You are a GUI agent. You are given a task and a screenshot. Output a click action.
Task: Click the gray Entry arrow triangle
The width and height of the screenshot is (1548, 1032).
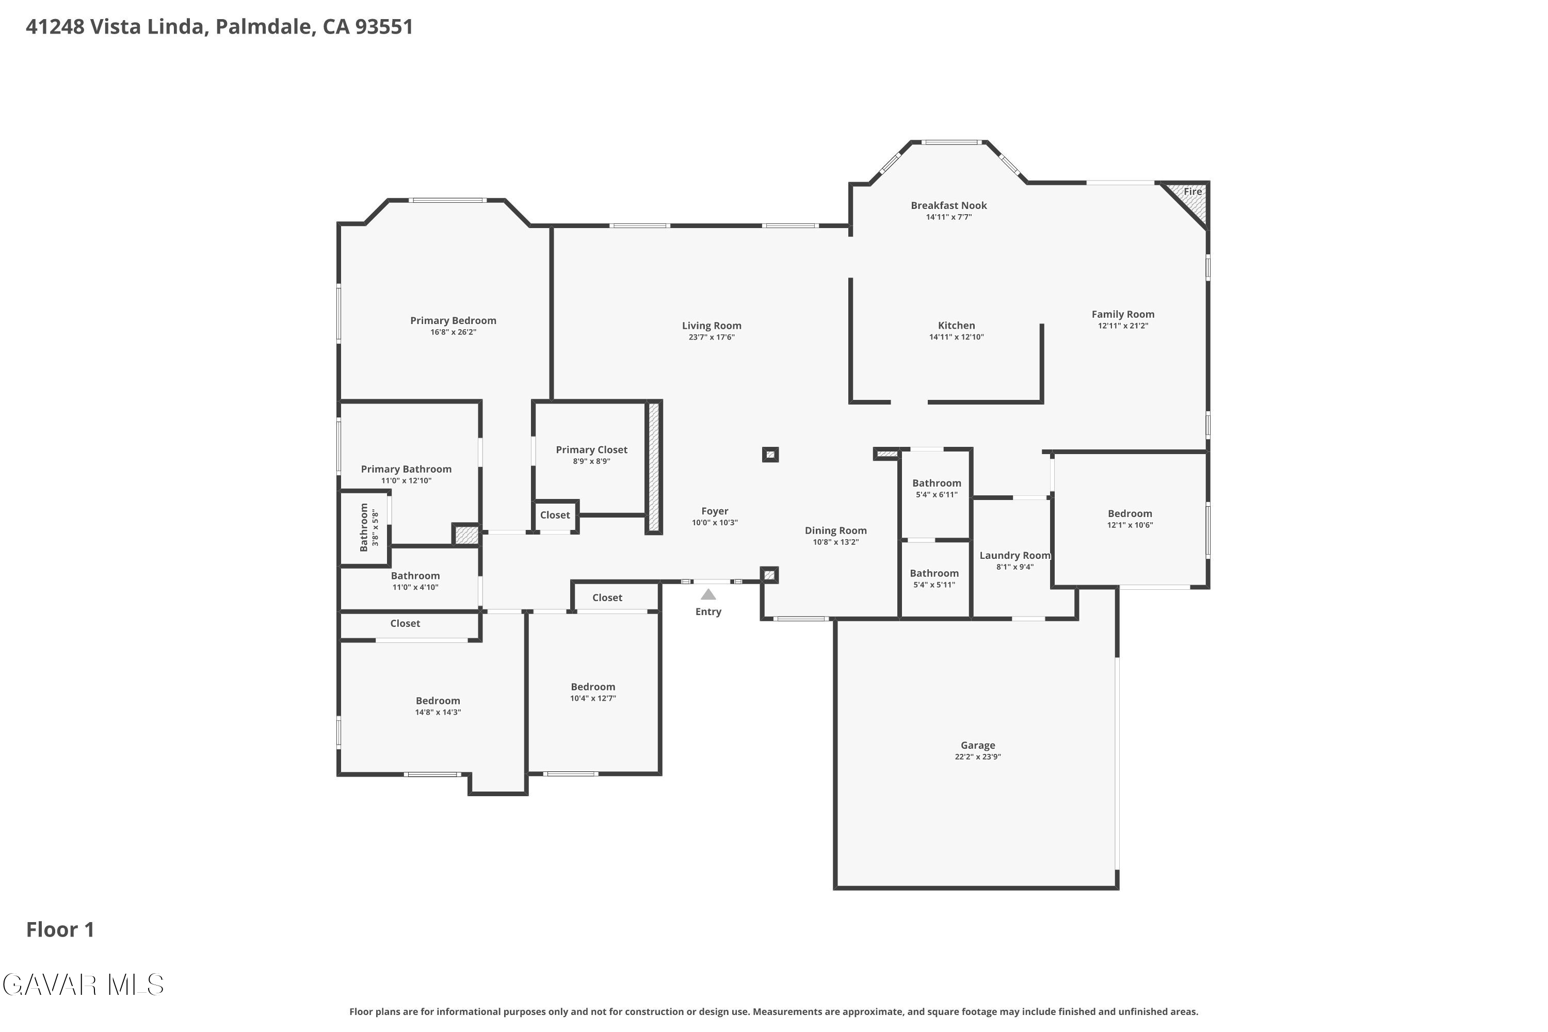[x=708, y=594]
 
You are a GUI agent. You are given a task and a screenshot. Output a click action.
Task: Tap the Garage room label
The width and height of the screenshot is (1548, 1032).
[x=977, y=745]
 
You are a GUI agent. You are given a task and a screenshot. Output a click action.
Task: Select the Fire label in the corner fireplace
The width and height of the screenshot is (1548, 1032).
[x=1192, y=191]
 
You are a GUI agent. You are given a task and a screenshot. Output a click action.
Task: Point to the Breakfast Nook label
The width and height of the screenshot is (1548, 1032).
[x=948, y=205]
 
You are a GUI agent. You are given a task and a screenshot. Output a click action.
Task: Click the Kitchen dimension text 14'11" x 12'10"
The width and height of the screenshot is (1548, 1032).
[x=956, y=337]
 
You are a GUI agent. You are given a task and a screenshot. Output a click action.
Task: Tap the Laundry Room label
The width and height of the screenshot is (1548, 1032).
[x=1015, y=556]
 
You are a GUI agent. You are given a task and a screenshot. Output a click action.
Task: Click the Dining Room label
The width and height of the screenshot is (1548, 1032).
[x=835, y=530]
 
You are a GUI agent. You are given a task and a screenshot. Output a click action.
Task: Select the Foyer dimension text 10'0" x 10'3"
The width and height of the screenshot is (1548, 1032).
[x=715, y=523]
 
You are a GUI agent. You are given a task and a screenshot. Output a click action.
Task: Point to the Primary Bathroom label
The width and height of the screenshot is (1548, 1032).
[x=406, y=469]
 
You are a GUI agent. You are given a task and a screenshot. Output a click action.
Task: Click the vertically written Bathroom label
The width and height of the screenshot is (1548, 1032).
[x=363, y=527]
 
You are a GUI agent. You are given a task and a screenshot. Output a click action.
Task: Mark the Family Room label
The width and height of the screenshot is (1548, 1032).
[x=1123, y=315]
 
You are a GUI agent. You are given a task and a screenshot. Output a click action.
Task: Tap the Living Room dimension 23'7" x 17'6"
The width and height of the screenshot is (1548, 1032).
[x=712, y=337]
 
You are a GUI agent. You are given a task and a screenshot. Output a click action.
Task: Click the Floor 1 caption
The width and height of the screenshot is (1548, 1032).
[x=60, y=929]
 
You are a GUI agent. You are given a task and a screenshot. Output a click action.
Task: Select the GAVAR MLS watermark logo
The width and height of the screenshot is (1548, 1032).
[x=83, y=985]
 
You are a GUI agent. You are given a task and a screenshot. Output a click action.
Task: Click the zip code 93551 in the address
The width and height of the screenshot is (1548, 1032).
[x=384, y=26]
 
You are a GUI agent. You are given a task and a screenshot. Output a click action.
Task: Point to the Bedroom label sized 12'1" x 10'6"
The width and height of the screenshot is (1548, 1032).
[x=1130, y=513]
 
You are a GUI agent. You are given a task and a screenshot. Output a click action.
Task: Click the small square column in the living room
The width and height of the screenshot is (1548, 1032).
[x=770, y=454]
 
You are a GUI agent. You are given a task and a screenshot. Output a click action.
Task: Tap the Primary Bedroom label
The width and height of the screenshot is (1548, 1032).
[x=453, y=320]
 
